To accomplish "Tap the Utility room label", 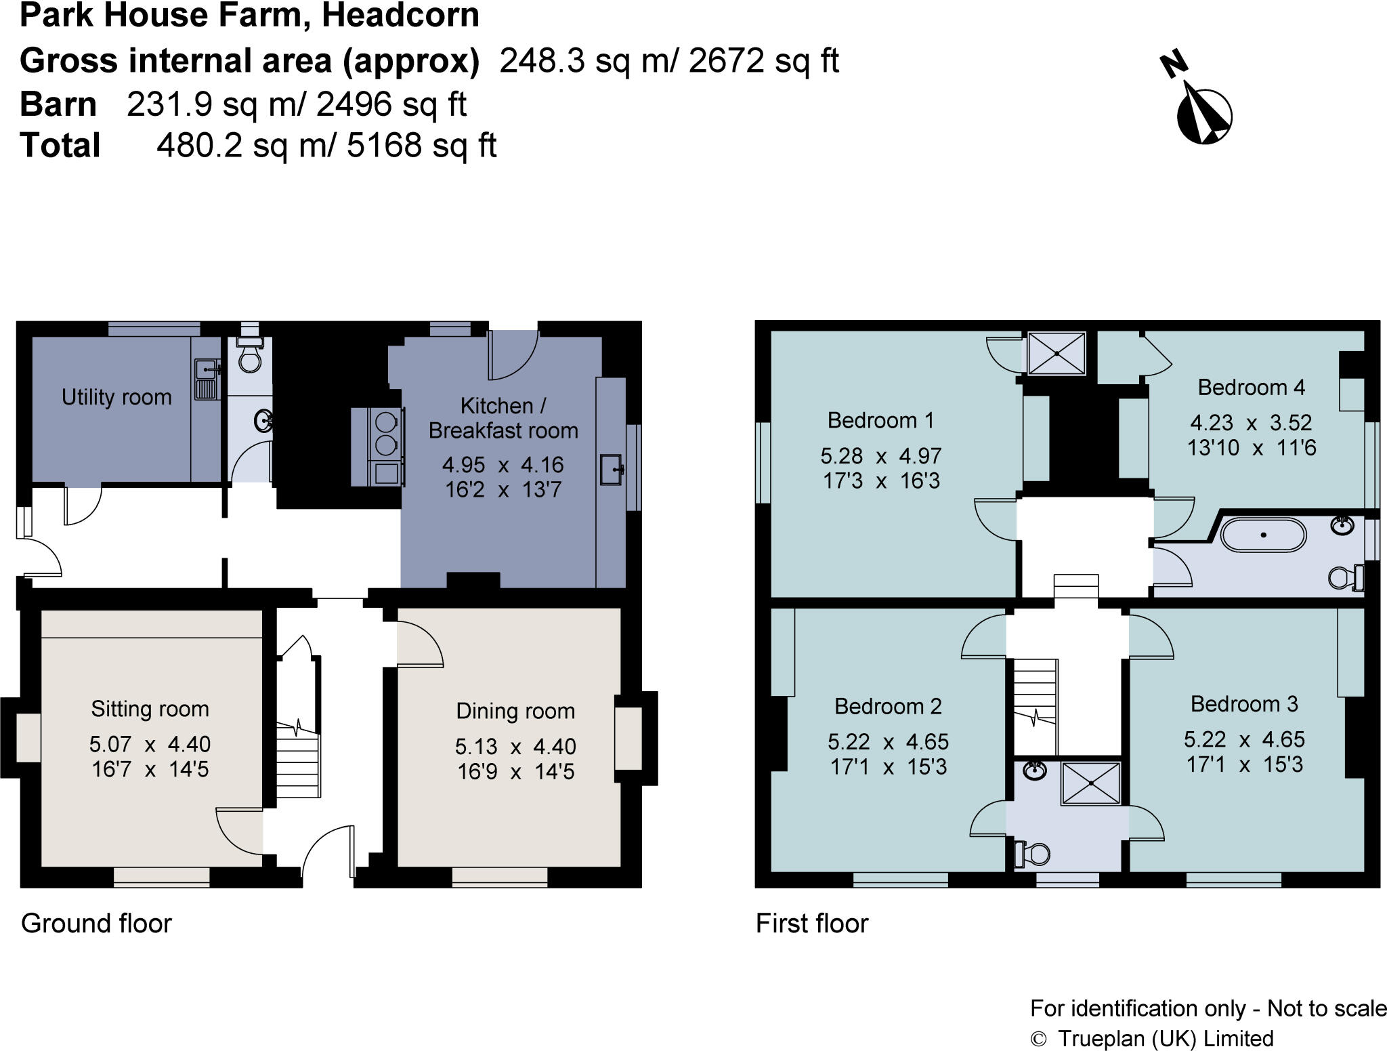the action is pyautogui.click(x=116, y=397).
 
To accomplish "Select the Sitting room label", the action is pyautogui.click(x=150, y=709).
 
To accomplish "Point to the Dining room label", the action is pyautogui.click(x=515, y=711).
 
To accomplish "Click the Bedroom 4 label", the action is pyautogui.click(x=1251, y=387).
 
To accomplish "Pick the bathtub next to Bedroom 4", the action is pyautogui.click(x=1263, y=535).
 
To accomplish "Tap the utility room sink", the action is pyautogui.click(x=206, y=379).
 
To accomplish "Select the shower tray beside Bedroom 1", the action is pyautogui.click(x=1057, y=353).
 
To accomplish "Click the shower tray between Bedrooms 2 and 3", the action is pyautogui.click(x=1090, y=783).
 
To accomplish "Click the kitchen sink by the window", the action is pyautogui.click(x=612, y=470).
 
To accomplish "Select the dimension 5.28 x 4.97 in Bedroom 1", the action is pyautogui.click(x=881, y=456).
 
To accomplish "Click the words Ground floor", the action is pyautogui.click(x=97, y=924).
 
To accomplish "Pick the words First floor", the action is pyautogui.click(x=812, y=924).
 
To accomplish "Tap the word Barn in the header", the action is pyautogui.click(x=58, y=104).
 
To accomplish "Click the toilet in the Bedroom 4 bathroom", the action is pyautogui.click(x=1346, y=577).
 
